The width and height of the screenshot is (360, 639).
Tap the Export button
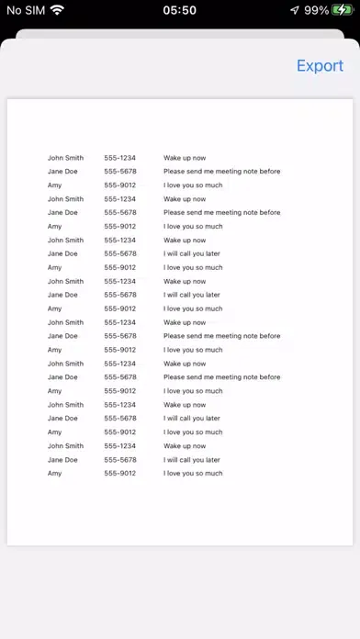pyautogui.click(x=320, y=66)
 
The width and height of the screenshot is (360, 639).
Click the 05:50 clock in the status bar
pyautogui.click(x=179, y=10)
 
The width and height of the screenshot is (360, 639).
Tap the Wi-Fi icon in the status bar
pyautogui.click(x=57, y=10)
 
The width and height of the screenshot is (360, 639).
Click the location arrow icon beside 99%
pyautogui.click(x=294, y=10)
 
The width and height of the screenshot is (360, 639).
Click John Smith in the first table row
pyautogui.click(x=65, y=158)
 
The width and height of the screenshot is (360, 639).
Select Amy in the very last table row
pyautogui.click(x=54, y=474)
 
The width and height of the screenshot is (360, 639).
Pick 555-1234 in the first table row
pyautogui.click(x=119, y=158)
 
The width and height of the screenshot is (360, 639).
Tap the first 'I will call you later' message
pyautogui.click(x=192, y=253)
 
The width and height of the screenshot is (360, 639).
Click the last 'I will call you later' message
pyautogui.click(x=192, y=460)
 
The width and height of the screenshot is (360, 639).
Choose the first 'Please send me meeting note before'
pyautogui.click(x=221, y=172)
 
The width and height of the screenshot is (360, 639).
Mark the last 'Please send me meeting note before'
pyautogui.click(x=221, y=377)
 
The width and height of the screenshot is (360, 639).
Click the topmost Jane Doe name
pyautogui.click(x=62, y=172)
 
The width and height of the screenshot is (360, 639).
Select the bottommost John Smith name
pyautogui.click(x=65, y=446)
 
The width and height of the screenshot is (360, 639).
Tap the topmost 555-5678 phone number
pyautogui.click(x=119, y=172)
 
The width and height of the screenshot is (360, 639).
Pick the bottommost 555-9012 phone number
pyautogui.click(x=119, y=474)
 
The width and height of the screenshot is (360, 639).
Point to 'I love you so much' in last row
pyautogui.click(x=193, y=474)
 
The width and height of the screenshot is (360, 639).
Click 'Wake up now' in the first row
pyautogui.click(x=185, y=158)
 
